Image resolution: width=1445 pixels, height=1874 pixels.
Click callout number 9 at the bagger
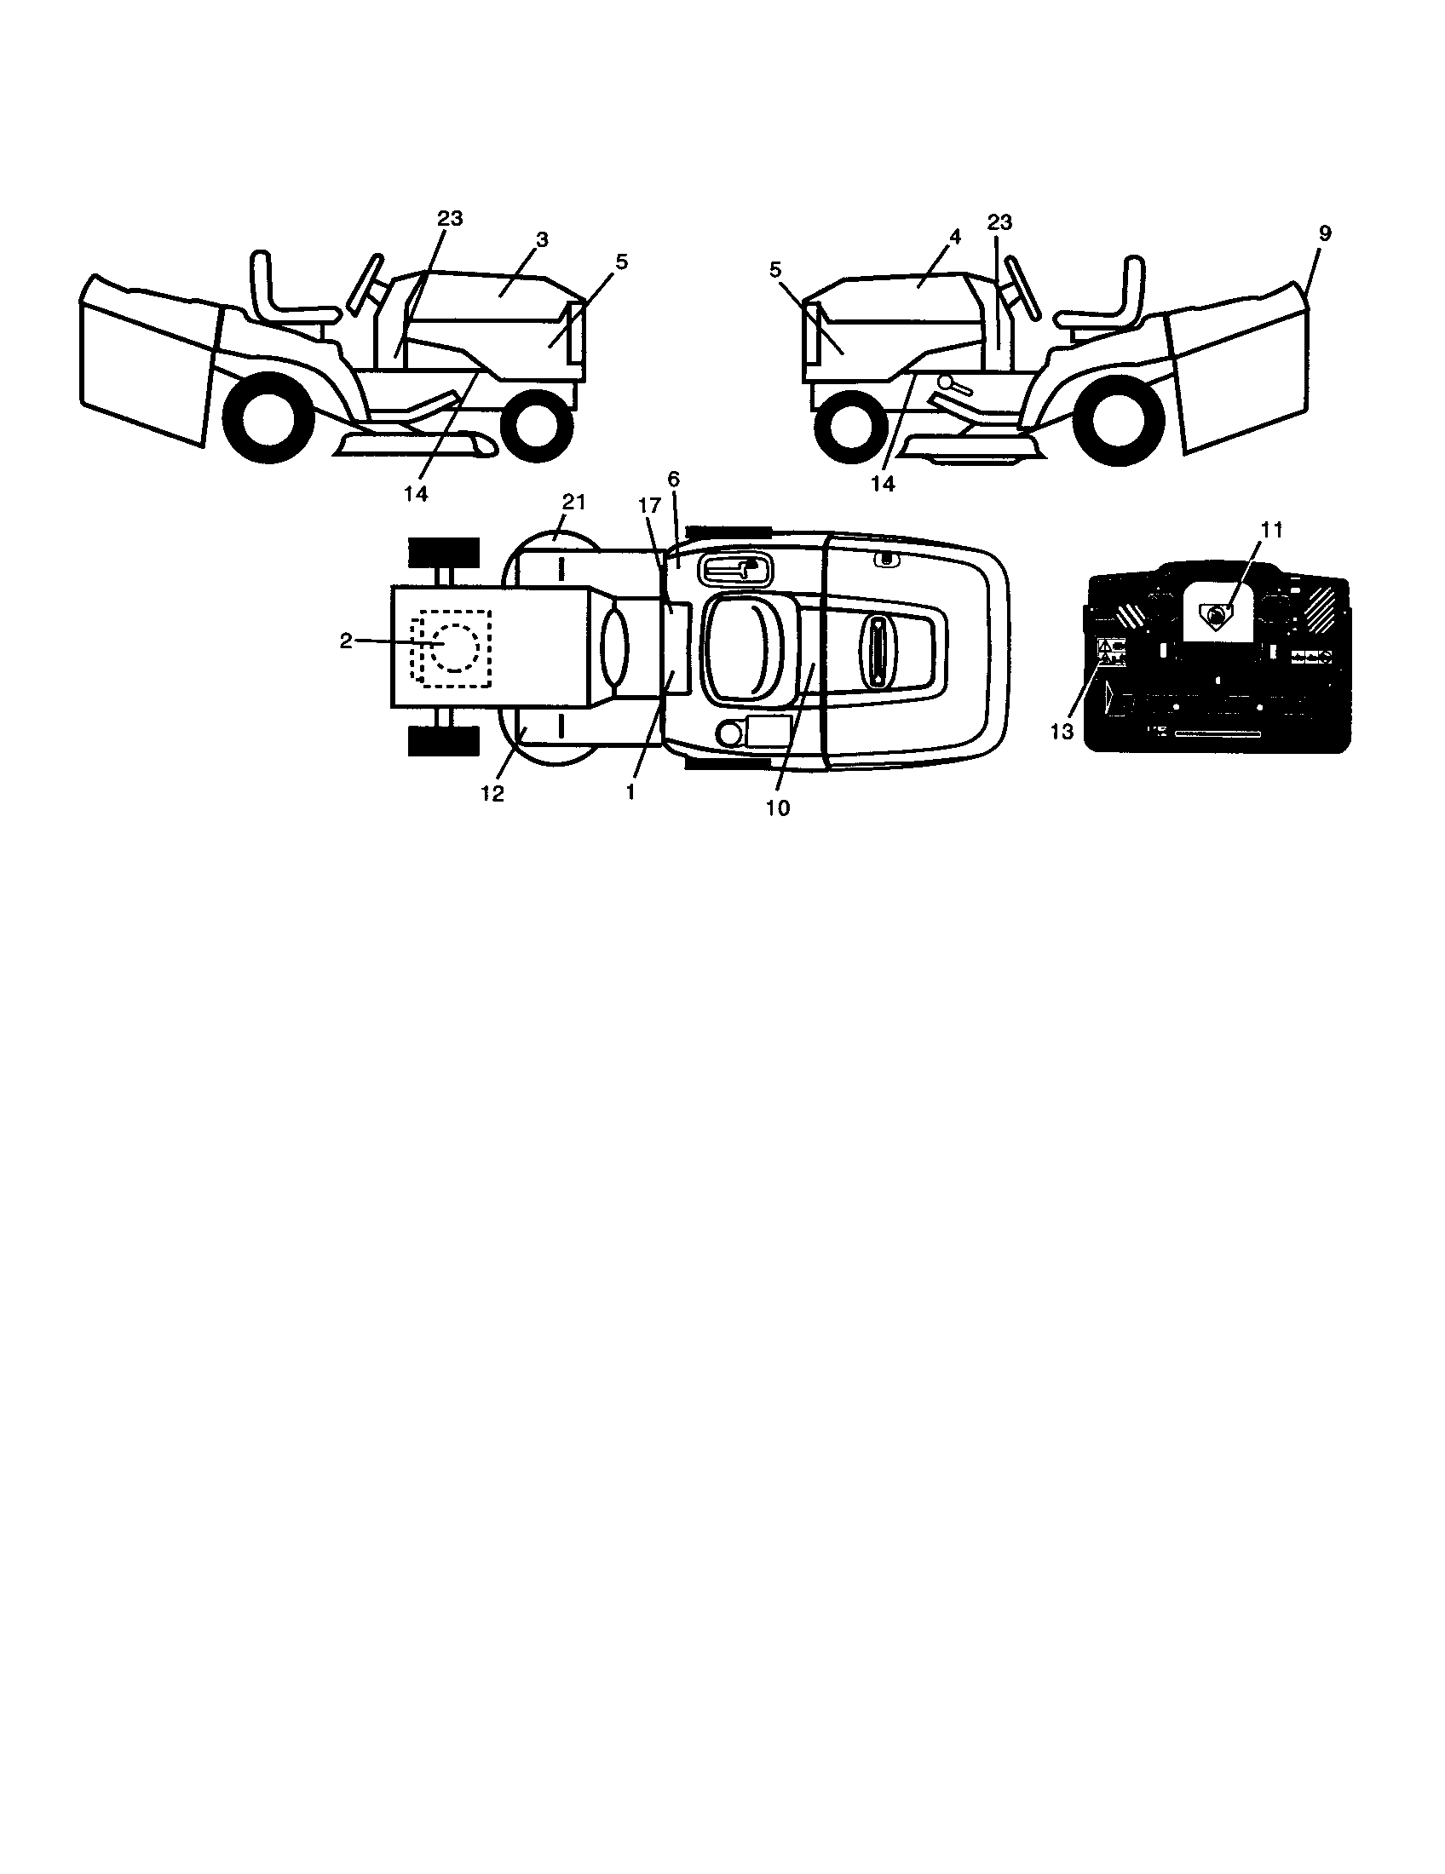pyautogui.click(x=1324, y=233)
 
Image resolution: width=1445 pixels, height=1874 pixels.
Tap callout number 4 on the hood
pyautogui.click(x=955, y=235)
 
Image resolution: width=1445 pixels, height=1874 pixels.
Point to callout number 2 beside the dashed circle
pyautogui.click(x=346, y=641)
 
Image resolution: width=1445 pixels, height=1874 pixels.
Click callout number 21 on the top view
pyautogui.click(x=573, y=503)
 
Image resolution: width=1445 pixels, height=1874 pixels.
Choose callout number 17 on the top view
pyautogui.click(x=648, y=507)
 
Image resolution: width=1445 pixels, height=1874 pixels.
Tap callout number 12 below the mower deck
pyautogui.click(x=492, y=794)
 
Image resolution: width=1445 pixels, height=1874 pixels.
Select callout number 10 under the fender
pyautogui.click(x=777, y=808)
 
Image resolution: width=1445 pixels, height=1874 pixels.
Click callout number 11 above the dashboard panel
pyautogui.click(x=1272, y=531)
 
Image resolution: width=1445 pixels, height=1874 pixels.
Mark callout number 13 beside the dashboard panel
pyautogui.click(x=1062, y=731)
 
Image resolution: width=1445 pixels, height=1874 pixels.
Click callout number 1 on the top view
pyautogui.click(x=630, y=792)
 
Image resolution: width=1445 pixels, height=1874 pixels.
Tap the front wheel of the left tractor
pyautogui.click(x=537, y=423)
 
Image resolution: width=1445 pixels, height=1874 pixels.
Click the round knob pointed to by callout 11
pyautogui.click(x=1217, y=614)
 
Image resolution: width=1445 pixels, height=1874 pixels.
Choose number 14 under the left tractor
pyautogui.click(x=416, y=494)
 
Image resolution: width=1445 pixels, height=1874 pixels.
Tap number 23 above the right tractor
pyautogui.click(x=999, y=223)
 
